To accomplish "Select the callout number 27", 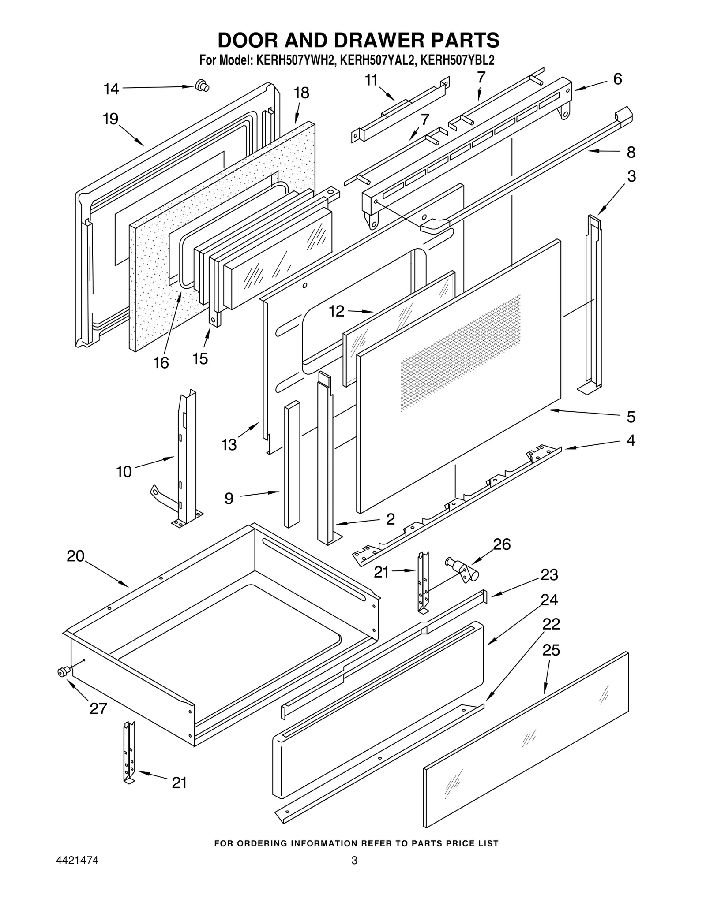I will pos(98,708).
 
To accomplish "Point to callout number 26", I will pos(502,544).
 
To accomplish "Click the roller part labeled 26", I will pos(464,570).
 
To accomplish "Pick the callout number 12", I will pos(337,311).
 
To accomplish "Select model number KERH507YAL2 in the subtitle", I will pos(378,60).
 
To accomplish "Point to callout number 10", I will pos(124,472).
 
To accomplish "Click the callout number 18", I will pos(301,93).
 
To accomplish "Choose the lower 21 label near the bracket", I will pos(179,783).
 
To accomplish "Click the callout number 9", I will pos(229,499).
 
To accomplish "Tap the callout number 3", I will pos(631,176).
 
